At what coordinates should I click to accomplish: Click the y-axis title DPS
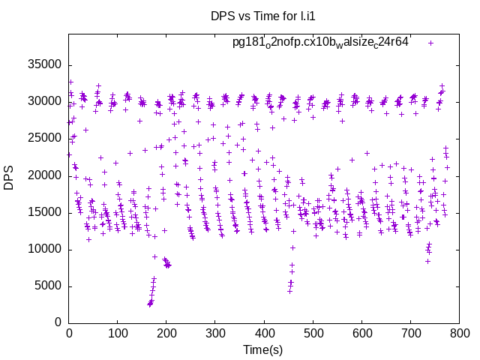point(10,178)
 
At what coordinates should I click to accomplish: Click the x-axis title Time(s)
point(264,349)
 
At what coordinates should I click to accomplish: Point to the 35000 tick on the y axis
point(44,64)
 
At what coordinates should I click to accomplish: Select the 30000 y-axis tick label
point(44,101)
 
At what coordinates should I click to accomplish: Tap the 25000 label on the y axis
point(44,138)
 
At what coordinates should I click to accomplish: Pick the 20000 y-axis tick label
point(44,175)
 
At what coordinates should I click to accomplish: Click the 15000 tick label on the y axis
point(44,212)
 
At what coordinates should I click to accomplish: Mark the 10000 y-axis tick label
point(44,249)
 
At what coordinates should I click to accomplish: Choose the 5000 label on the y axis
point(47,286)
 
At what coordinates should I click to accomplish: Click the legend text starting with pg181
point(320,42)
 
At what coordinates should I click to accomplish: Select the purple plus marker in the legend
point(430,43)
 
